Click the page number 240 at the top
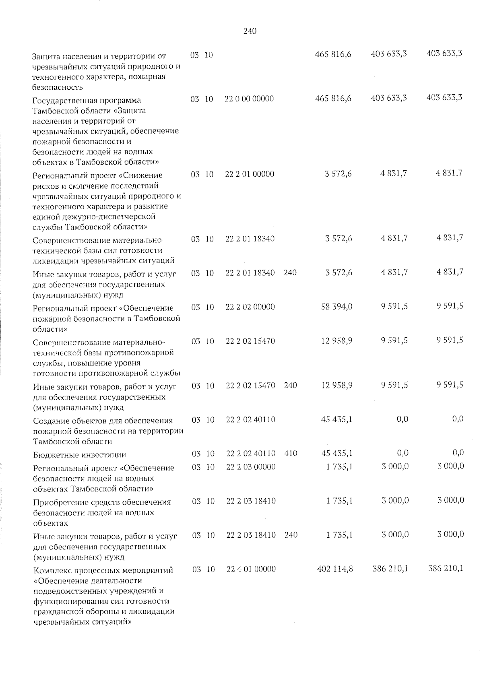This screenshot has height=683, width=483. point(250,31)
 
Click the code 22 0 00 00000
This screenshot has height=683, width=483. point(249,99)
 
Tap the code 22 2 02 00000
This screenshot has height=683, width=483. point(250,307)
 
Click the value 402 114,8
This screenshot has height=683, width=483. point(335,569)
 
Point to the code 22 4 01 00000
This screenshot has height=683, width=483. point(251,569)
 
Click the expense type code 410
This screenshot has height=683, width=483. point(291,453)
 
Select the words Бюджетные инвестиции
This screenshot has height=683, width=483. point(80,455)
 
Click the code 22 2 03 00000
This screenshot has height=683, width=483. point(251,467)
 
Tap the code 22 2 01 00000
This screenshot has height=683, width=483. point(250,174)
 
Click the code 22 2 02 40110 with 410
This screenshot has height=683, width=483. point(251,453)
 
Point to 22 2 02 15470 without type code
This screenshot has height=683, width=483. point(250,341)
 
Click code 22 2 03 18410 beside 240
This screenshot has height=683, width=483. point(251,535)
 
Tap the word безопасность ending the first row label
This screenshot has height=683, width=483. point(58,87)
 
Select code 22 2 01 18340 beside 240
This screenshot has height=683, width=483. point(250,272)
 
